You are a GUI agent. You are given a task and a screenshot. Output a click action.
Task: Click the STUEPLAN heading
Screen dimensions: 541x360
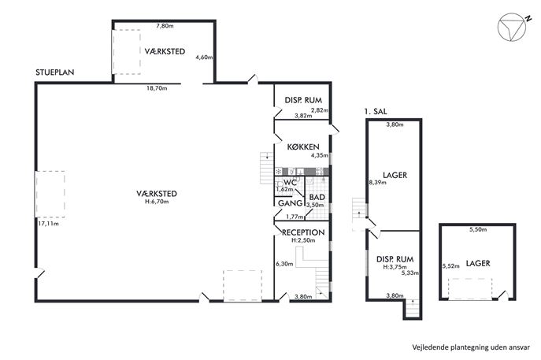(x=55, y=72)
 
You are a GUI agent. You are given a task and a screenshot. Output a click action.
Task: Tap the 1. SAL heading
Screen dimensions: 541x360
(x=376, y=111)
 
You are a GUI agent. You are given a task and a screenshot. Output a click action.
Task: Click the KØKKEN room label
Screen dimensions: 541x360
(x=303, y=147)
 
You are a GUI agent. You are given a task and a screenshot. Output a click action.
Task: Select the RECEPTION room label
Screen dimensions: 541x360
(x=303, y=232)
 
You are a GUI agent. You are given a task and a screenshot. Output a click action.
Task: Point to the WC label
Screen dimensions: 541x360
(x=290, y=183)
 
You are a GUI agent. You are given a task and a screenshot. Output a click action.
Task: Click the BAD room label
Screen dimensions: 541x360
(x=317, y=197)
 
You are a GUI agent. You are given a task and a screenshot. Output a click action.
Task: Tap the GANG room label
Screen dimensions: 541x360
(x=290, y=203)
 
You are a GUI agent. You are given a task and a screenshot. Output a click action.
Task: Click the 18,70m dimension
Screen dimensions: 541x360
(x=157, y=88)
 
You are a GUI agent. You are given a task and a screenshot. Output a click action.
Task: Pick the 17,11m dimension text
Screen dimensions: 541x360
(x=48, y=224)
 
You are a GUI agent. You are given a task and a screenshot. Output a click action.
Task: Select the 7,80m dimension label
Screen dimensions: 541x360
(x=165, y=25)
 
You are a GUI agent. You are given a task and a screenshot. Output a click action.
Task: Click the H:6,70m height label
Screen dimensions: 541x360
(x=157, y=202)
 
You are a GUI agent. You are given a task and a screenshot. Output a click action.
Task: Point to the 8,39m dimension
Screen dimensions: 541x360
(x=378, y=183)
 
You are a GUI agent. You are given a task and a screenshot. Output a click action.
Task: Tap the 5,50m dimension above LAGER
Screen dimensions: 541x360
(x=478, y=229)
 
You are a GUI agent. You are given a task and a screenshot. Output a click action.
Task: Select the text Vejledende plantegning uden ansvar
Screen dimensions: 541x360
(x=471, y=347)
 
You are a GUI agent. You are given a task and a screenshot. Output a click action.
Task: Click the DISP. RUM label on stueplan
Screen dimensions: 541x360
(x=303, y=100)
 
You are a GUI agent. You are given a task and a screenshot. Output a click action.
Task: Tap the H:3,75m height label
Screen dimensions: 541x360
(x=395, y=267)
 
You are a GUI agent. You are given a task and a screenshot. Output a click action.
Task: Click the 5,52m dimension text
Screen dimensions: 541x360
(x=451, y=266)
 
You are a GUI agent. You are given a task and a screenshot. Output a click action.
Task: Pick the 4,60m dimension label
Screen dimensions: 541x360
(x=204, y=58)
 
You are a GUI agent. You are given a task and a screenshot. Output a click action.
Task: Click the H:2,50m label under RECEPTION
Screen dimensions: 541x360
(x=303, y=240)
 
